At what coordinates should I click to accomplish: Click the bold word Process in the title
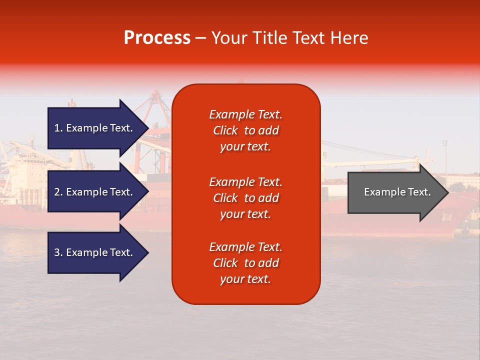(157, 38)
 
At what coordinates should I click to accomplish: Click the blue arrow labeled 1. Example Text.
(95, 128)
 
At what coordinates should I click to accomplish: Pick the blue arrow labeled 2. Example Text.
(95, 192)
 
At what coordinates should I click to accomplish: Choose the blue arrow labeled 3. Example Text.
(95, 252)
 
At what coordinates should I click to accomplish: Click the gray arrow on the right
(395, 192)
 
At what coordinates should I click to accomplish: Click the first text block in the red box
(245, 130)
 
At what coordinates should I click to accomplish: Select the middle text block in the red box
(245, 198)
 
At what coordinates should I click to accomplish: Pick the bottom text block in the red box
(245, 263)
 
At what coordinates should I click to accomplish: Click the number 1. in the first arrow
(58, 128)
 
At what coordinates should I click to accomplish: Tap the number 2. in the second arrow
(58, 192)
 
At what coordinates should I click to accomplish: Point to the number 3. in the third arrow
(58, 252)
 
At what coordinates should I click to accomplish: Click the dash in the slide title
(200, 38)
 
